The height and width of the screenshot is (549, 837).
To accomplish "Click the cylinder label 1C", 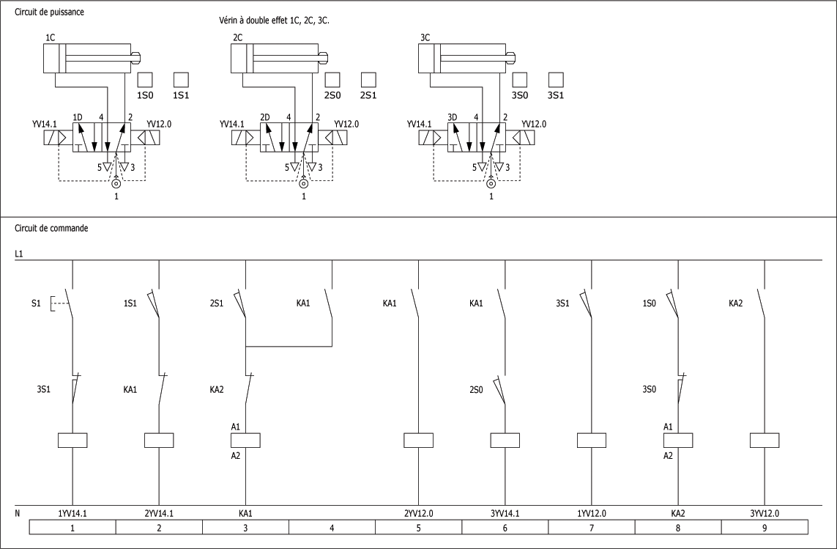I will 51,37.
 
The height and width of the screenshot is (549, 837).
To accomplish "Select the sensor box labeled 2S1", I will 368,80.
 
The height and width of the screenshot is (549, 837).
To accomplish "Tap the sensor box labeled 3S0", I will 519,80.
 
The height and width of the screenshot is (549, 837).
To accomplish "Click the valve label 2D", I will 265,117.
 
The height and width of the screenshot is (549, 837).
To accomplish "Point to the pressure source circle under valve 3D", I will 491,183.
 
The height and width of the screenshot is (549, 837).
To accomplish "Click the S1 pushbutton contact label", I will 36,303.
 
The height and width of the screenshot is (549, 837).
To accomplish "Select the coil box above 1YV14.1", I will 72,441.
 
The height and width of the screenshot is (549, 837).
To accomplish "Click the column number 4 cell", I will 332,527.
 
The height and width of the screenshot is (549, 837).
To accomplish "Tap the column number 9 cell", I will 765,527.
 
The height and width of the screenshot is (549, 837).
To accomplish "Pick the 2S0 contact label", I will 477,389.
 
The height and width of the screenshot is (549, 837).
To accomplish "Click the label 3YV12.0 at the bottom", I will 765,513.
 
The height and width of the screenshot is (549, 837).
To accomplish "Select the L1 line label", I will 19,254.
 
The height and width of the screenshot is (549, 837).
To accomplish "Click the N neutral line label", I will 18,513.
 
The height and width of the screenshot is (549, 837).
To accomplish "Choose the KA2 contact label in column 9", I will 737,303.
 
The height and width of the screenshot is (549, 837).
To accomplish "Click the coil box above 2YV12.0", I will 418,441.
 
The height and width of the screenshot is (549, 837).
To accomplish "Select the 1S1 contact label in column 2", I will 131,303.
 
